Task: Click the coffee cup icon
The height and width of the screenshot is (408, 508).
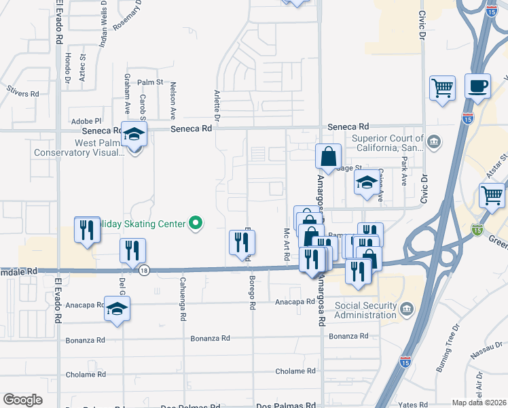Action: [x=477, y=87]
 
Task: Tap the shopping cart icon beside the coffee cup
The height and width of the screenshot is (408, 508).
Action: [x=442, y=89]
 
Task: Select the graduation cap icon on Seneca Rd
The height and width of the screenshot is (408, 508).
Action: [x=134, y=135]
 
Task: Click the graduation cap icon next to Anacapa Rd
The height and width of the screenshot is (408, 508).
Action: [x=117, y=309]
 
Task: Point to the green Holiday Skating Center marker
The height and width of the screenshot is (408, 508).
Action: [x=196, y=222]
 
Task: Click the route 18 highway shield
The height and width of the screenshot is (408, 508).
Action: [x=143, y=270]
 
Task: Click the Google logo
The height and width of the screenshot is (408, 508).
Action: [x=22, y=400]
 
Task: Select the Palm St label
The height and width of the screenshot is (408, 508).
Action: [x=151, y=82]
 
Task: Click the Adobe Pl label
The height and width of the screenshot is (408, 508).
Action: [x=86, y=120]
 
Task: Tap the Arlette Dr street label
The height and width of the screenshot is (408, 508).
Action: [x=217, y=105]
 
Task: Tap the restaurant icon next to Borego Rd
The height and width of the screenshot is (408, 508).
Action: [x=242, y=243]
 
